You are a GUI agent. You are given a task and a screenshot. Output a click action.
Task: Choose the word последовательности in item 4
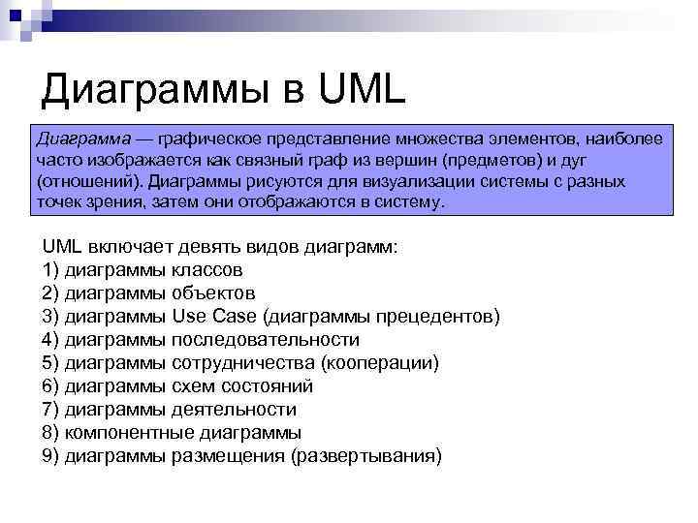265,340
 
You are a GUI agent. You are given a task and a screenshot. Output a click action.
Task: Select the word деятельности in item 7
234,410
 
